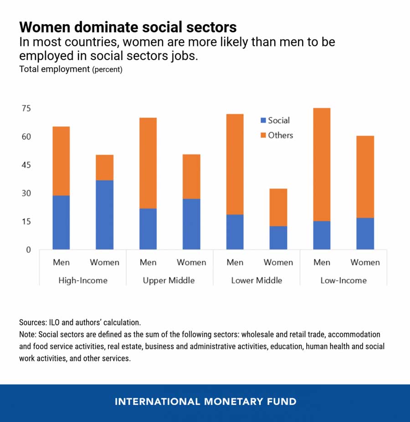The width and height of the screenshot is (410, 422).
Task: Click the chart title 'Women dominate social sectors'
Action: coord(128,27)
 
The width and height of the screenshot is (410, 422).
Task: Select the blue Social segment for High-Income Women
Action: coord(104,215)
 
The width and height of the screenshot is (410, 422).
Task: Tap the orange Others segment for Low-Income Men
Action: coord(322,164)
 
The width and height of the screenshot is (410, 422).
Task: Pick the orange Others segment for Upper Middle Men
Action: coord(148,163)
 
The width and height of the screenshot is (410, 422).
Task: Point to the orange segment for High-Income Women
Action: coord(104,167)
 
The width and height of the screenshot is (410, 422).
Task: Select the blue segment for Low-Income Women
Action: coord(365,233)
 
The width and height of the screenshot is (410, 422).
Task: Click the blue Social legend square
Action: coord(263,121)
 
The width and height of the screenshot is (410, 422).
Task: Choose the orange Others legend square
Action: coord(263,135)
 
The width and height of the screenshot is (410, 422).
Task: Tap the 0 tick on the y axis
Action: coord(28,250)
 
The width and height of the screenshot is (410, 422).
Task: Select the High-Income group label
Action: coord(83,280)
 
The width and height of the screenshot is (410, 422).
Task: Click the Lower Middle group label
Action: coord(256,280)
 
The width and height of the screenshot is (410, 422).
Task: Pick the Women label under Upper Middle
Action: coord(191,262)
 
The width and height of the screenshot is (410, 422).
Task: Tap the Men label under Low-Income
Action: coord(322,262)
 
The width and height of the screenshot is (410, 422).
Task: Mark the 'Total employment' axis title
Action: coord(54,70)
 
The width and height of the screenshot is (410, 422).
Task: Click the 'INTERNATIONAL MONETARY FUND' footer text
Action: coord(205,402)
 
